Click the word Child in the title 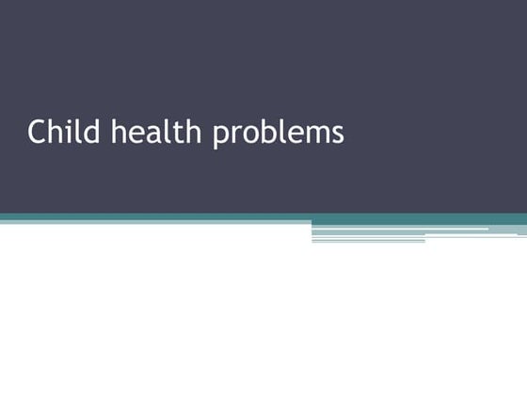point(64,132)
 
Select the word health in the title point(156,132)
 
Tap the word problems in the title point(279,134)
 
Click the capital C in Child point(37,132)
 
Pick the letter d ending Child point(91,132)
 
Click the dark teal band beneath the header point(263,216)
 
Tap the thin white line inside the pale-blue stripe point(400,229)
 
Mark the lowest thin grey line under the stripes point(368,241)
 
